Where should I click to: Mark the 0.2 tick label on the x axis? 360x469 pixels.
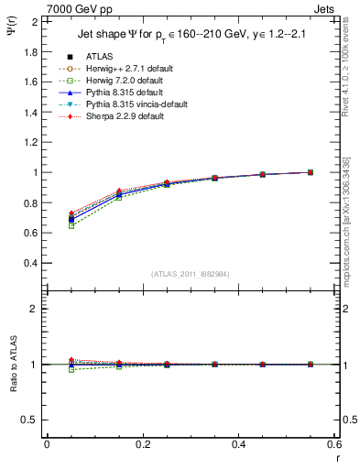(x=143, y=444)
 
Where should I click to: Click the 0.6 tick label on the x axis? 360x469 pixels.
(x=334, y=444)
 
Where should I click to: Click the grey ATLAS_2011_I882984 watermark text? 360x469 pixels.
(x=190, y=274)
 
